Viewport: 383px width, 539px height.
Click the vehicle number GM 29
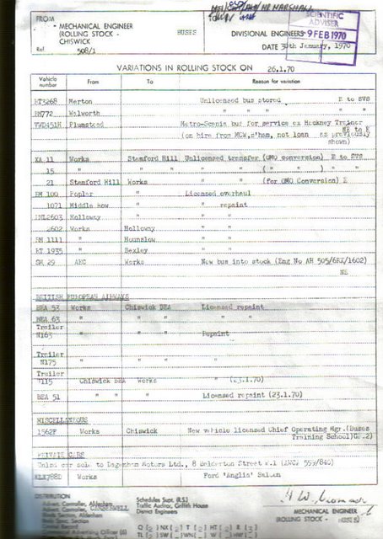tap(46, 262)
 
